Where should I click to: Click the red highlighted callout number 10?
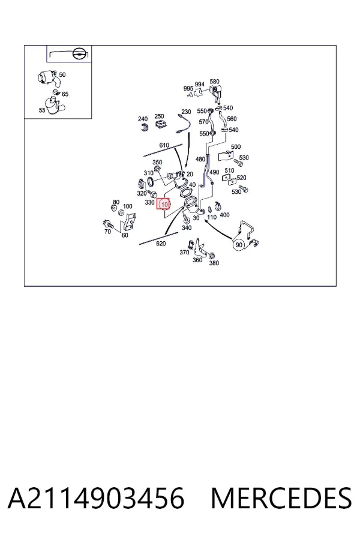(x=163, y=204)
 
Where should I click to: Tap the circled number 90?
(x=238, y=245)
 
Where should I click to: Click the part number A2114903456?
(x=96, y=499)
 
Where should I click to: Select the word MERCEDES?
(x=281, y=499)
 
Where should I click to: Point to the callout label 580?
(x=214, y=82)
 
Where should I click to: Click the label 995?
(x=188, y=89)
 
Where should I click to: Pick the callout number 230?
(x=186, y=112)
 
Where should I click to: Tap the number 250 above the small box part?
(x=159, y=116)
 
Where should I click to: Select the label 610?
(x=164, y=145)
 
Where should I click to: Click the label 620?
(x=161, y=244)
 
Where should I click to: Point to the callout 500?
(x=236, y=147)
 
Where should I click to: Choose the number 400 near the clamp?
(x=224, y=215)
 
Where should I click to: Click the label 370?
(x=184, y=252)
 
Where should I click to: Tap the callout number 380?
(x=214, y=263)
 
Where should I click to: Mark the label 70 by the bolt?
(x=107, y=232)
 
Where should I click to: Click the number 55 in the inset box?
(x=42, y=110)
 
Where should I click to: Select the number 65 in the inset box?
(x=65, y=94)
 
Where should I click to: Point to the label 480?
(x=200, y=159)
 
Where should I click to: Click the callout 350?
(x=157, y=162)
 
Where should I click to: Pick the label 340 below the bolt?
(x=187, y=227)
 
